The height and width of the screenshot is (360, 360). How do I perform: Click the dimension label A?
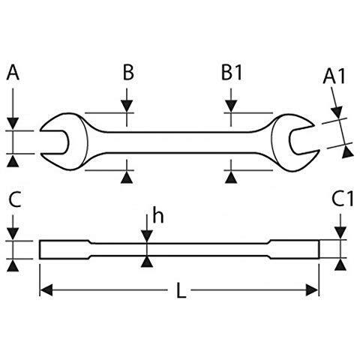(13, 72)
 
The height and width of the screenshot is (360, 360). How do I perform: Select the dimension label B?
(128, 72)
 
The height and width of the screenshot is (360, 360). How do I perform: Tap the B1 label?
(232, 72)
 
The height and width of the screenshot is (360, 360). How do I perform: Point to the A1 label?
(334, 76)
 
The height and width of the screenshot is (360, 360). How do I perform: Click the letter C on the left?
(15, 199)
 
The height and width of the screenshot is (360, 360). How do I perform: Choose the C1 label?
(342, 199)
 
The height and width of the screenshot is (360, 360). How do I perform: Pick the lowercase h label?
(158, 214)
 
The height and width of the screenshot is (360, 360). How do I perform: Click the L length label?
(181, 290)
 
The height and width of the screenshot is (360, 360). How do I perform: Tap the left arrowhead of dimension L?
(46, 290)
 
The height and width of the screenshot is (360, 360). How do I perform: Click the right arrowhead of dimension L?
(312, 290)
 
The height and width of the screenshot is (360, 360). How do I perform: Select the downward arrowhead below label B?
(127, 106)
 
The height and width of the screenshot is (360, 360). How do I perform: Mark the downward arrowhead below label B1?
(231, 106)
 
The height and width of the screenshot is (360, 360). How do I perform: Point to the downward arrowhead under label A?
(13, 124)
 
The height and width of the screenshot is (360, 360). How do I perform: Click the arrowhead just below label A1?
(337, 112)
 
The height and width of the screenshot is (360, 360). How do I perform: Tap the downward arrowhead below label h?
(147, 236)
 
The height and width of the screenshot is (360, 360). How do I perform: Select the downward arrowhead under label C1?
(340, 233)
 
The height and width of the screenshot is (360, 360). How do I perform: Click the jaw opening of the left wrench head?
(54, 142)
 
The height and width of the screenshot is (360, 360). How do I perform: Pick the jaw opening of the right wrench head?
(304, 141)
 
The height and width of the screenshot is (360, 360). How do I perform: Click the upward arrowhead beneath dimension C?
(13, 265)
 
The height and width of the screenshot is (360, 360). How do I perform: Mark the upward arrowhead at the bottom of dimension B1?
(231, 177)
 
